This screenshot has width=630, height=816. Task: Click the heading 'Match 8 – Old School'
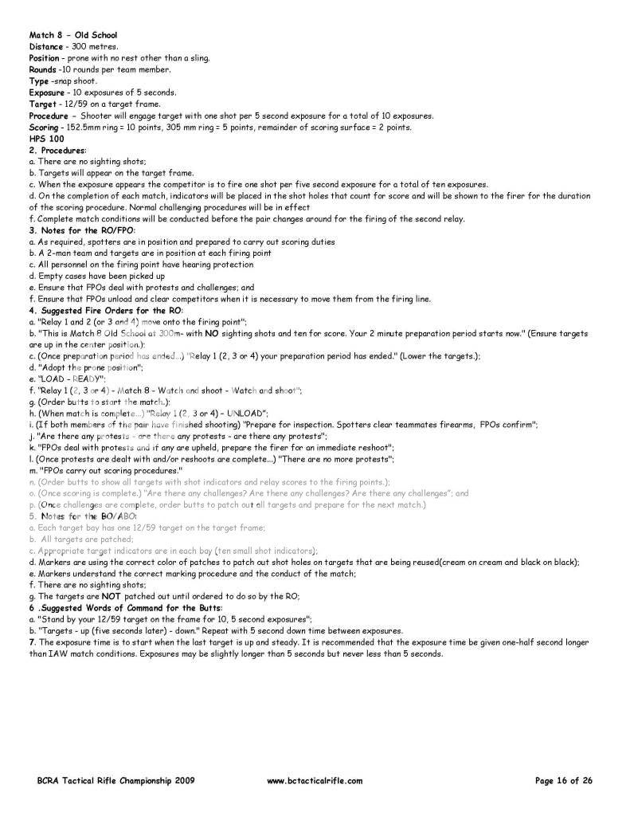[x=72, y=36]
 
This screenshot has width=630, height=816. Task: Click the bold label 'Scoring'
[x=44, y=127]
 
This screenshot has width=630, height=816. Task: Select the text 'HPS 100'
[x=46, y=139]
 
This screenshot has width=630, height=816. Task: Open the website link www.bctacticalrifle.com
[x=315, y=782]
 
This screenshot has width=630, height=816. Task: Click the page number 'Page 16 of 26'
[x=564, y=782]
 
